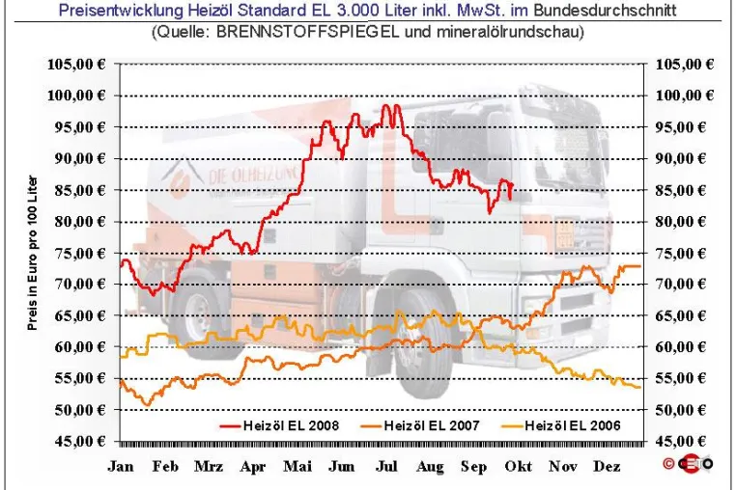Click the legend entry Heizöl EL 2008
[x=279, y=425]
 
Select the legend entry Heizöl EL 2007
[x=420, y=425]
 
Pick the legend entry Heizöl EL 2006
[x=561, y=425]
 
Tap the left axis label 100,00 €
[x=76, y=95]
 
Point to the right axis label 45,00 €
[x=680, y=441]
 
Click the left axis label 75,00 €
[x=80, y=254]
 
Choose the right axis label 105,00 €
[x=685, y=65]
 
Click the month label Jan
[x=121, y=466]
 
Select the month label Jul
[x=386, y=466]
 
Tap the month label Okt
[x=519, y=466]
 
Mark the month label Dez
[x=607, y=466]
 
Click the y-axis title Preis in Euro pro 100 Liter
[x=32, y=253]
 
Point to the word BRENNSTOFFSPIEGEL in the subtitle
[x=308, y=32]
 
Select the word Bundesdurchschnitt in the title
[x=605, y=10]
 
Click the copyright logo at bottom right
[x=689, y=463]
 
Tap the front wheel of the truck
[x=419, y=345]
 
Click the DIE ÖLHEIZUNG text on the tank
[x=252, y=175]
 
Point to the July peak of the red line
[x=386, y=105]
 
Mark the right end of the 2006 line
[x=639, y=388]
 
